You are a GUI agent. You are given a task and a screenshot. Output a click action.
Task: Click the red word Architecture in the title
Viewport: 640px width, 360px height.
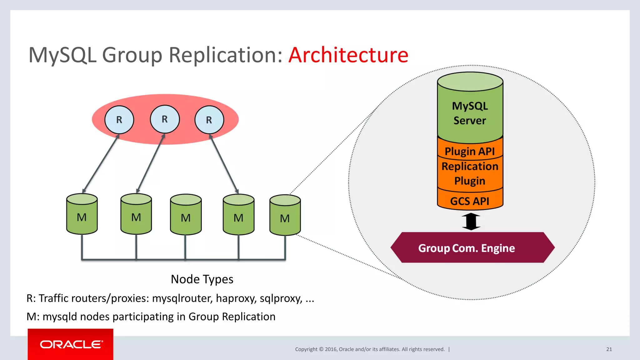[348, 55]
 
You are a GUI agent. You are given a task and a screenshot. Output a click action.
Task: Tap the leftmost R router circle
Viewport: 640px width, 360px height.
[119, 120]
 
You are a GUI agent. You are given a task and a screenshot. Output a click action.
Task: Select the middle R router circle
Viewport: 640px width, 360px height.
[165, 119]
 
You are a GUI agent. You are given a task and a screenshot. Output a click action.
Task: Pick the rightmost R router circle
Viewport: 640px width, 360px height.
[209, 120]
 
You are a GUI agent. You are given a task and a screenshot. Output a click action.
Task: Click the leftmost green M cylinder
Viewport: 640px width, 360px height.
[82, 215]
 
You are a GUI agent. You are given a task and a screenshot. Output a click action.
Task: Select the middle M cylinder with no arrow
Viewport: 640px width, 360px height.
[186, 216]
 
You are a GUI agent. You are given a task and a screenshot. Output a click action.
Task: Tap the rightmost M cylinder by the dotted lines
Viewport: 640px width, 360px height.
[285, 217]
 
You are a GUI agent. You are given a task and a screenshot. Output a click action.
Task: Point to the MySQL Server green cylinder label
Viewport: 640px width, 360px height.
[470, 113]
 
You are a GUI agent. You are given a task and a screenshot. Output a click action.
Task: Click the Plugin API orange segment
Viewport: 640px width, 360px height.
[470, 151]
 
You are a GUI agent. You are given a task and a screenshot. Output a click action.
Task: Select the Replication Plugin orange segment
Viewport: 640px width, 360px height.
[470, 173]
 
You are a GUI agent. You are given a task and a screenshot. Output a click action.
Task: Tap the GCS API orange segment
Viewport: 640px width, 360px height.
[470, 201]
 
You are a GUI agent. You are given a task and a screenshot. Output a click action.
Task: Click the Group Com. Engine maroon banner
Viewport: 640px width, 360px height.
[466, 248]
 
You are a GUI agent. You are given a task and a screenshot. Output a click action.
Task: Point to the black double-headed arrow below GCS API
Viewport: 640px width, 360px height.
[471, 221]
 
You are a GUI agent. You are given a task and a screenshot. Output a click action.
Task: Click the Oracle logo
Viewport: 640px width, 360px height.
[71, 344]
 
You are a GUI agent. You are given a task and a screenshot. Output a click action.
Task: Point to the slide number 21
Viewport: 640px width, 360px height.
[609, 349]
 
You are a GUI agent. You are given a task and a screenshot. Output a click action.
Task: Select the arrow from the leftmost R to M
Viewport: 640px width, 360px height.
[101, 164]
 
